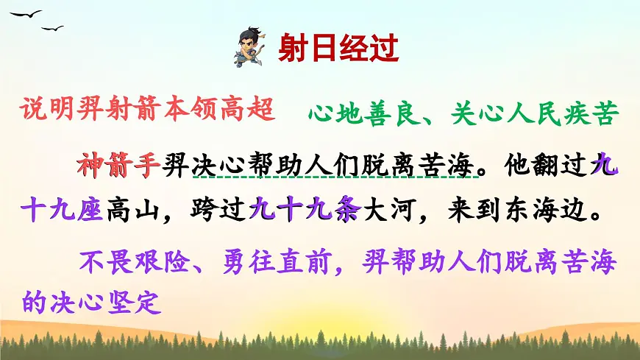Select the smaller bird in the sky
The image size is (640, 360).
pyautogui.click(x=53, y=29)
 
